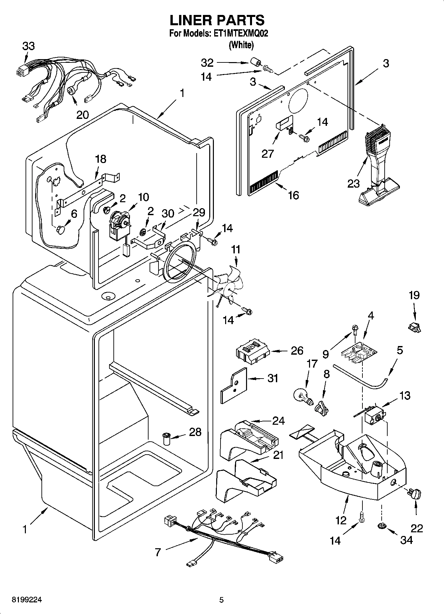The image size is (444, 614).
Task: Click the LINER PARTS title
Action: coord(217,20)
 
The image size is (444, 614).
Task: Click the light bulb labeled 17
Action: coord(303,395)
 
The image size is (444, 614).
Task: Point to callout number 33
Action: coord(28,46)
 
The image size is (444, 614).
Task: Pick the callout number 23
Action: coord(354,183)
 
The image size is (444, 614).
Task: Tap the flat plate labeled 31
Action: coord(234,385)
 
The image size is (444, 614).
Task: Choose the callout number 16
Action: coord(293,195)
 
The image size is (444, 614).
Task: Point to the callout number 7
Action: coord(158,552)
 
